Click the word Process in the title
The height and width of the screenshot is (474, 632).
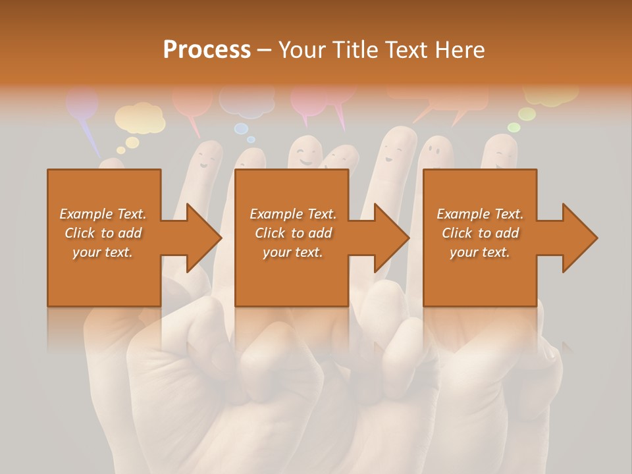(x=207, y=50)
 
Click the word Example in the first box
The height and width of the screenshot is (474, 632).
(x=84, y=214)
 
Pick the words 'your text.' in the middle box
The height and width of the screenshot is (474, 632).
(x=292, y=252)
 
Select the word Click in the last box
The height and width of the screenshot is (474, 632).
(x=457, y=233)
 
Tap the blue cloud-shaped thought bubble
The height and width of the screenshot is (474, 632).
(x=246, y=100)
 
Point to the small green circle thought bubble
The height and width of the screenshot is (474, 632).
(x=513, y=127)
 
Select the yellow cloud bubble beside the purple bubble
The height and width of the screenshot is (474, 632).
(x=139, y=118)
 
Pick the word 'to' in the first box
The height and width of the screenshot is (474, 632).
(x=107, y=233)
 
